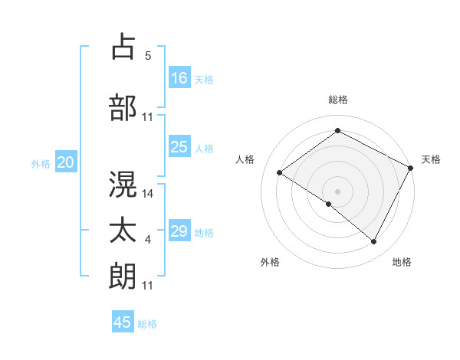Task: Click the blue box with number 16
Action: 179,77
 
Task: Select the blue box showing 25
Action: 179,147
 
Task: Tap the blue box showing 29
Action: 179,231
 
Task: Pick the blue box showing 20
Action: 66,162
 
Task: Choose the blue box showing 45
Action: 123,322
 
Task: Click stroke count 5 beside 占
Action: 148,56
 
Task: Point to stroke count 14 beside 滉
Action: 148,194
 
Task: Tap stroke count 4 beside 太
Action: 148,241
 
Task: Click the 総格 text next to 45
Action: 147,324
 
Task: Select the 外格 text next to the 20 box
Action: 41,164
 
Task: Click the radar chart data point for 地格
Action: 374,242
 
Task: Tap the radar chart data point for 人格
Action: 280,173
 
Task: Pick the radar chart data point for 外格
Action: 329,204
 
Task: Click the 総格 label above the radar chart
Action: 338,100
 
